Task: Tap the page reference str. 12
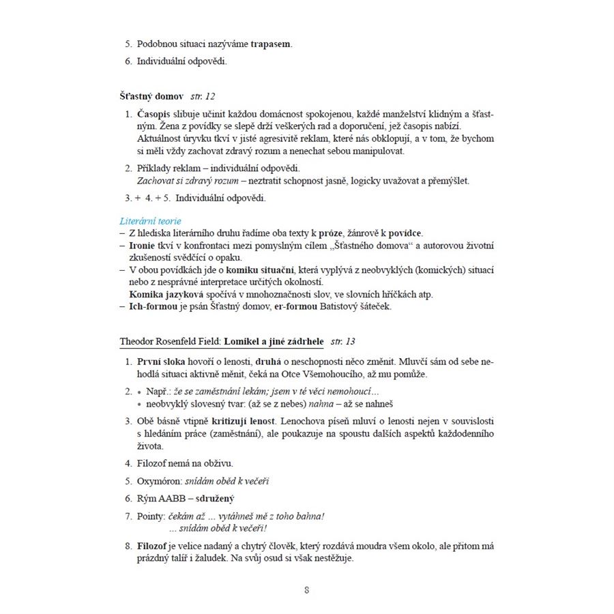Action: pos(203,96)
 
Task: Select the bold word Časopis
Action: pos(155,113)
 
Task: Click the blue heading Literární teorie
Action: pos(150,221)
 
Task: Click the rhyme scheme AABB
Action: pos(177,499)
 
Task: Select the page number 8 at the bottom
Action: pos(307,590)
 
